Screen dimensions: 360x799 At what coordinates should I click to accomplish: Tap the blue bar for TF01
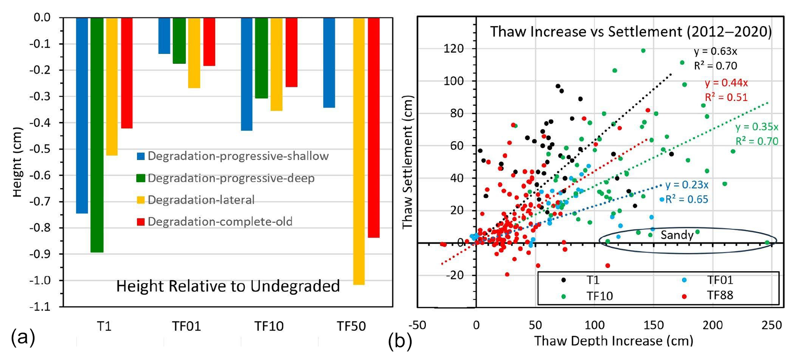click(164, 36)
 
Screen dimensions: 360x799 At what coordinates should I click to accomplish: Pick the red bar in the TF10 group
click(292, 52)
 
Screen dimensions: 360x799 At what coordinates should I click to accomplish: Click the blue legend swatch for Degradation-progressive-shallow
click(140, 156)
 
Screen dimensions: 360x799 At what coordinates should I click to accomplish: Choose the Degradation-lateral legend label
click(201, 200)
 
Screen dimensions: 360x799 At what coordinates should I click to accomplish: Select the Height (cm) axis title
click(17, 162)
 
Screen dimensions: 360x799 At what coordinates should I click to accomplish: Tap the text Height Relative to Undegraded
click(228, 286)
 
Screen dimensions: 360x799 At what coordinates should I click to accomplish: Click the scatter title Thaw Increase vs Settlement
click(631, 32)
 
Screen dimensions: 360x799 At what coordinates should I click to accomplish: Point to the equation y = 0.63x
click(715, 52)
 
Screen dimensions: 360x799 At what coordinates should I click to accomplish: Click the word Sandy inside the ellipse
click(677, 235)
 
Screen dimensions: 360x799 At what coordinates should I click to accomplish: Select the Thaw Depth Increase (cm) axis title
click(613, 341)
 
